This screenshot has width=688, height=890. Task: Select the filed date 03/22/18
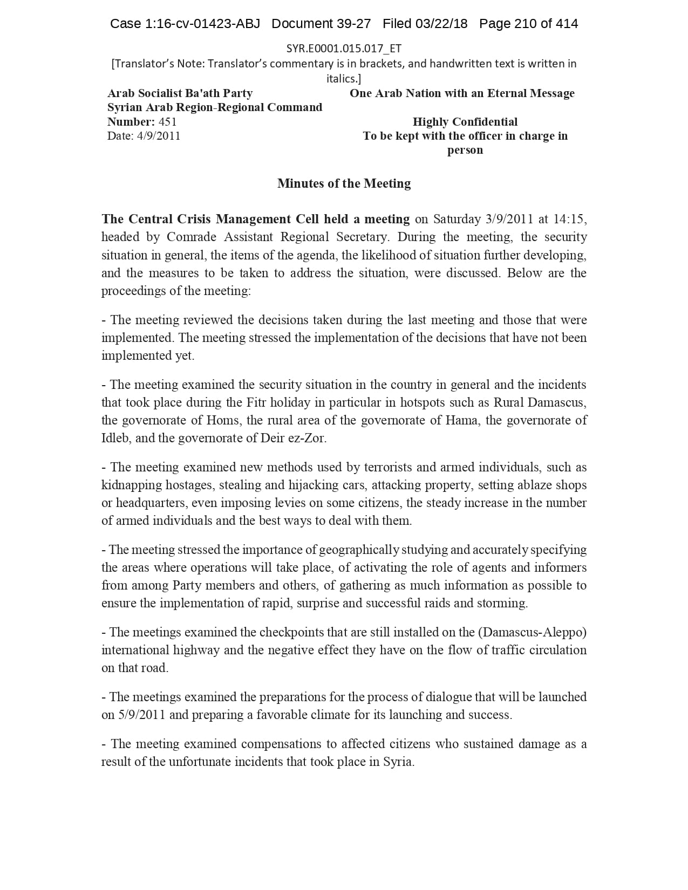(442, 24)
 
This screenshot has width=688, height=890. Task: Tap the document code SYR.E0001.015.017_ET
(344, 49)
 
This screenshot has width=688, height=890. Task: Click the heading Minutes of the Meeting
(344, 183)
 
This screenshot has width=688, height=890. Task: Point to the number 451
(167, 122)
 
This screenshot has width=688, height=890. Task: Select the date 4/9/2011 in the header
(159, 136)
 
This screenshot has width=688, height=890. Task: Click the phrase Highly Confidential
(465, 122)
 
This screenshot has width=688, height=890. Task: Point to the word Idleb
(115, 438)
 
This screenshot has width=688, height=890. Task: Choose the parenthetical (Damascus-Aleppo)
(532, 632)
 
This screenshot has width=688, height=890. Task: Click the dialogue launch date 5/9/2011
(141, 715)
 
